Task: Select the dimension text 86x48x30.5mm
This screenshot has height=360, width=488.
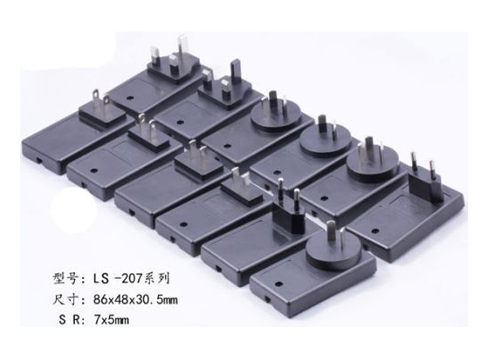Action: pyautogui.click(x=135, y=300)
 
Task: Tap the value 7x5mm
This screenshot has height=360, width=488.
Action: pyautogui.click(x=111, y=319)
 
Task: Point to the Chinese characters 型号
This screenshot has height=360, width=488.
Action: pyautogui.click(x=65, y=278)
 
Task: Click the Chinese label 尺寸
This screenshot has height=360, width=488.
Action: pyautogui.click(x=65, y=300)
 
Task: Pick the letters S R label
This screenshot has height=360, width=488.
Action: pyautogui.click(x=69, y=319)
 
